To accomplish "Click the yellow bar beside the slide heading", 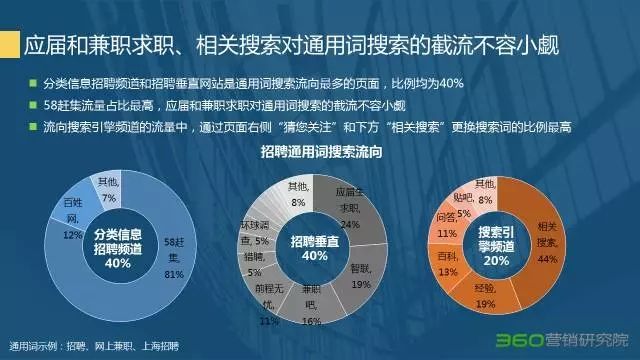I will coord(11,47).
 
